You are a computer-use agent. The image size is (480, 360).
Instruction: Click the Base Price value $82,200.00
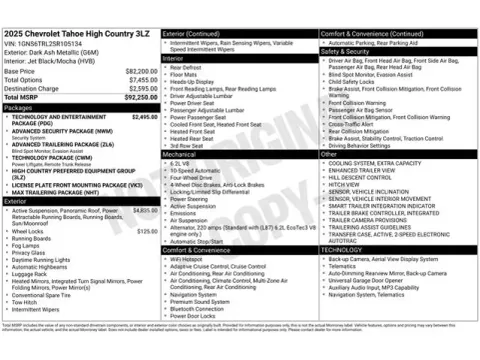140,72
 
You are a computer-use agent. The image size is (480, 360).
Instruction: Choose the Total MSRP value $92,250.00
139,97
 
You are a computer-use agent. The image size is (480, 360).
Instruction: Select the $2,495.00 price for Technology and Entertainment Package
145,116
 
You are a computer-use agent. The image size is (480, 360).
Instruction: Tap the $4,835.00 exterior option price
145,211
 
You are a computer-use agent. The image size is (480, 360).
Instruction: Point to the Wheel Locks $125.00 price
147,231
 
